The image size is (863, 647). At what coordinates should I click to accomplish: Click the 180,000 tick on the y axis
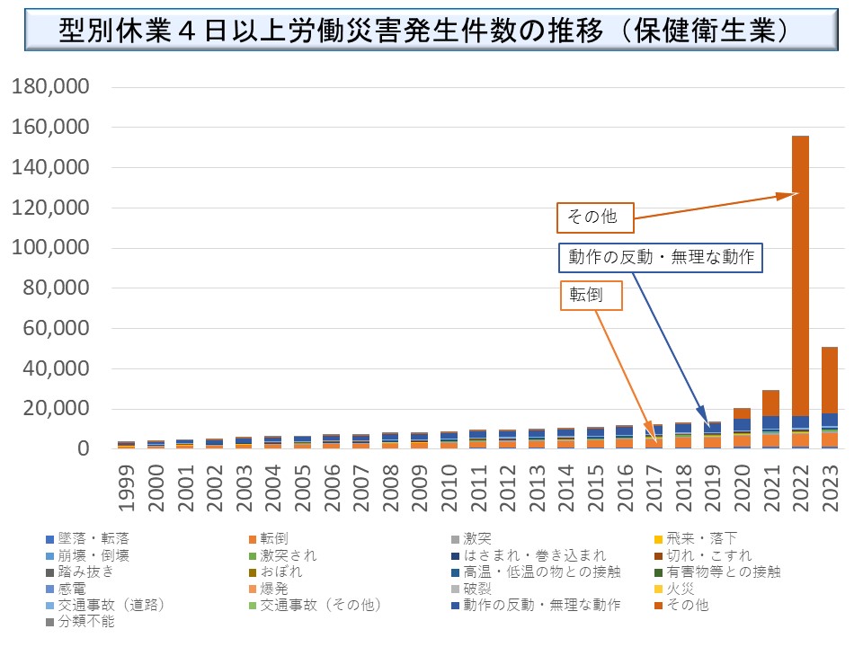pyautogui.click(x=50, y=88)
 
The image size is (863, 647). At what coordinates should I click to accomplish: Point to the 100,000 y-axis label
pyautogui.click(x=50, y=249)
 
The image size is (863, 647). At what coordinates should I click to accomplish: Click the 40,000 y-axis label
pyautogui.click(x=56, y=369)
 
